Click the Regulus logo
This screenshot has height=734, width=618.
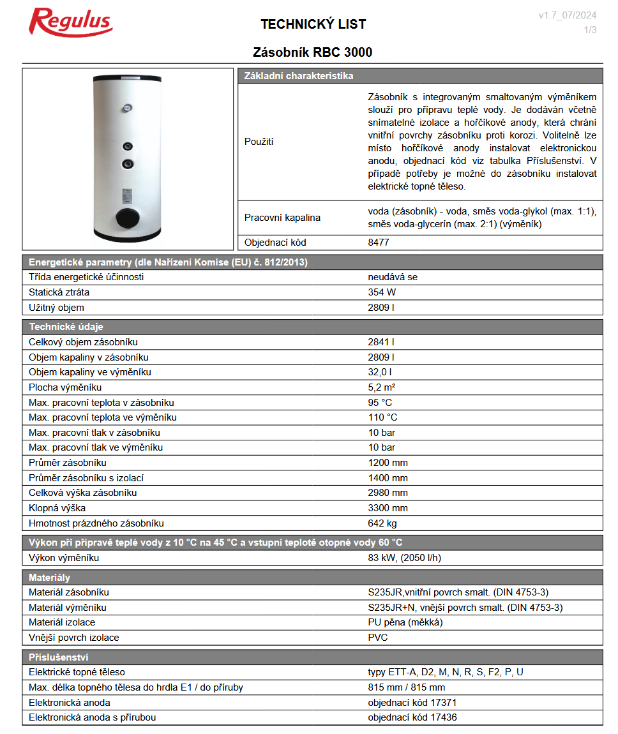(71, 23)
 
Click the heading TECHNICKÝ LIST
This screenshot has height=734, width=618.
(313, 24)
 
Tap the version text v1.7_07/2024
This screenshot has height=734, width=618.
(568, 15)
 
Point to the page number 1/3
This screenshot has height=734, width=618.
(590, 30)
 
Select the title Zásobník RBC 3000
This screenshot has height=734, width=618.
(313, 52)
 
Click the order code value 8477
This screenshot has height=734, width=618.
(379, 243)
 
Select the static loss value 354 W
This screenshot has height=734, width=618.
(382, 292)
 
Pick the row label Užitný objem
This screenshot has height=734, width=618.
(56, 308)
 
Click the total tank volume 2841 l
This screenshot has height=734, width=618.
(381, 342)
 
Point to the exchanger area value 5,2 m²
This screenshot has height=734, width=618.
(382, 387)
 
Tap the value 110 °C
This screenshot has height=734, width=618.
(382, 417)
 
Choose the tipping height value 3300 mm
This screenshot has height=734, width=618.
(388, 508)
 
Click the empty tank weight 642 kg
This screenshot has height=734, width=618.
(382, 523)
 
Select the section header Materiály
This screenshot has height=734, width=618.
(49, 577)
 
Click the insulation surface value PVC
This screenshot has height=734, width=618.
(378, 638)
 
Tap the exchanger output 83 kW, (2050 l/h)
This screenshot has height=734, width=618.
(405, 558)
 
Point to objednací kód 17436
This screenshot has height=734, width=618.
(412, 717)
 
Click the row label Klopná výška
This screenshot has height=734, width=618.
(57, 508)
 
